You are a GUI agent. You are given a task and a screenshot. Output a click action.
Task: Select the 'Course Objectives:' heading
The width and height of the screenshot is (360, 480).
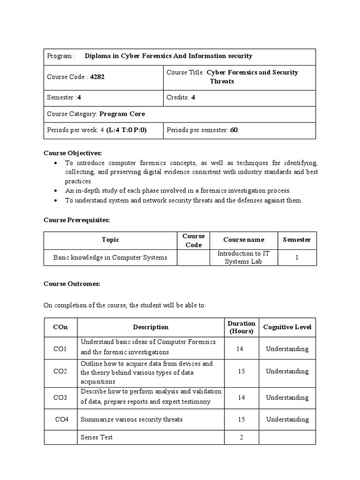point(73,153)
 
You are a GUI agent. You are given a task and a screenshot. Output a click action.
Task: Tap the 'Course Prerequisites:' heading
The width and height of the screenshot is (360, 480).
point(76,219)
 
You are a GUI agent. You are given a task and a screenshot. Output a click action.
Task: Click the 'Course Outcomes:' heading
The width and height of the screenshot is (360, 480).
point(72,284)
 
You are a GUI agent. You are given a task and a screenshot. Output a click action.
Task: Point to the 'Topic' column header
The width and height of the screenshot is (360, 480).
point(110,240)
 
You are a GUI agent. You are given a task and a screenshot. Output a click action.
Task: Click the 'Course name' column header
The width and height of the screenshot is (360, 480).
point(243,240)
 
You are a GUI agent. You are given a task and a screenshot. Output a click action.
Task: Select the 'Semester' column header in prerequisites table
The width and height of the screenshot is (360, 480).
point(297,240)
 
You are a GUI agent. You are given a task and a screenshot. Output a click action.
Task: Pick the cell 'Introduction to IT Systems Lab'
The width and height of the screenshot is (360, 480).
point(243,257)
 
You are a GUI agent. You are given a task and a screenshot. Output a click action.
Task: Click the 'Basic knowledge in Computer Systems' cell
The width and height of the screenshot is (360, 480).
point(110,257)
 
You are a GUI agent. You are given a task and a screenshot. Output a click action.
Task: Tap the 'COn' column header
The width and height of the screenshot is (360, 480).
point(60,327)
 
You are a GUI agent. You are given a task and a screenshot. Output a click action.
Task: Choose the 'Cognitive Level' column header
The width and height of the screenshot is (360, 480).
point(287,327)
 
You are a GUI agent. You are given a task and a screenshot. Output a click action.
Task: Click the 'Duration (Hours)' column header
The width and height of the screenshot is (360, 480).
point(241,327)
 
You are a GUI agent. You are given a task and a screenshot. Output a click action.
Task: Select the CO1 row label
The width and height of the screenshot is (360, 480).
point(60,349)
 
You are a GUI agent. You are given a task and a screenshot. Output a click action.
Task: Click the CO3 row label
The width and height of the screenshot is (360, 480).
point(60,397)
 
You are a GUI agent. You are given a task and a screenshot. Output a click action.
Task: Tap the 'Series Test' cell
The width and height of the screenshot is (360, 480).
point(97,437)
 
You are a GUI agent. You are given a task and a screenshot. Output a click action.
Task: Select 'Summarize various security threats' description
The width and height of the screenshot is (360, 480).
point(132,420)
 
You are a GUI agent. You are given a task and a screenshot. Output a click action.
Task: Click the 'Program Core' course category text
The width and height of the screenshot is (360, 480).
point(122,114)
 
